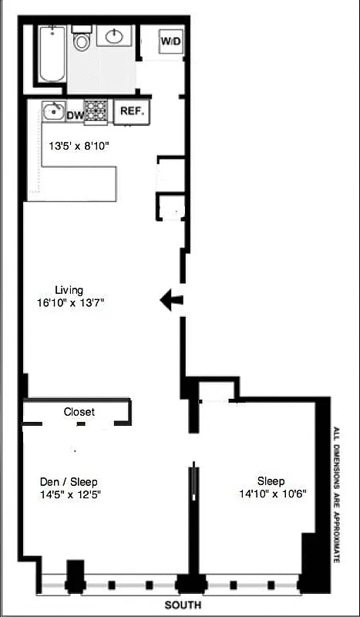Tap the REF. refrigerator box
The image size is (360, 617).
tap(132, 112)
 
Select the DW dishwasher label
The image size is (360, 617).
tap(75, 115)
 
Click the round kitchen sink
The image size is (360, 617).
tap(53, 111)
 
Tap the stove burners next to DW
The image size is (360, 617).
tap(95, 112)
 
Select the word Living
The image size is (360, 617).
tap(69, 290)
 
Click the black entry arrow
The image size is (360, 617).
tap(171, 300)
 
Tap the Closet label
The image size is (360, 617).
tap(79, 412)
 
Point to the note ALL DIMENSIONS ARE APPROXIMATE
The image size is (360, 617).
tap(336, 494)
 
